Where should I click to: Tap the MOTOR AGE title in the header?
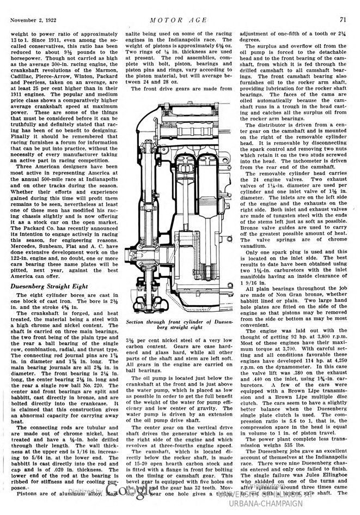click(179, 20)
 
